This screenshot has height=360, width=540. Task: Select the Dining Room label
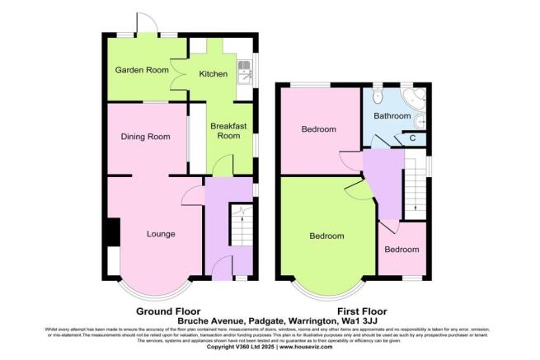145,137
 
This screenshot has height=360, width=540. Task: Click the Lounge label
161,234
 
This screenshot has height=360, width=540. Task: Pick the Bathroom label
392,116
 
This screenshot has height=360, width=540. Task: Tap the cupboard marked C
412,138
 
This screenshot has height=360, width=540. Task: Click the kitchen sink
244,73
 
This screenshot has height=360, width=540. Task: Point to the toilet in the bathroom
421,122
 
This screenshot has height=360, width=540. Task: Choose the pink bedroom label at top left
318,130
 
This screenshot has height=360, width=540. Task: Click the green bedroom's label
326,236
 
